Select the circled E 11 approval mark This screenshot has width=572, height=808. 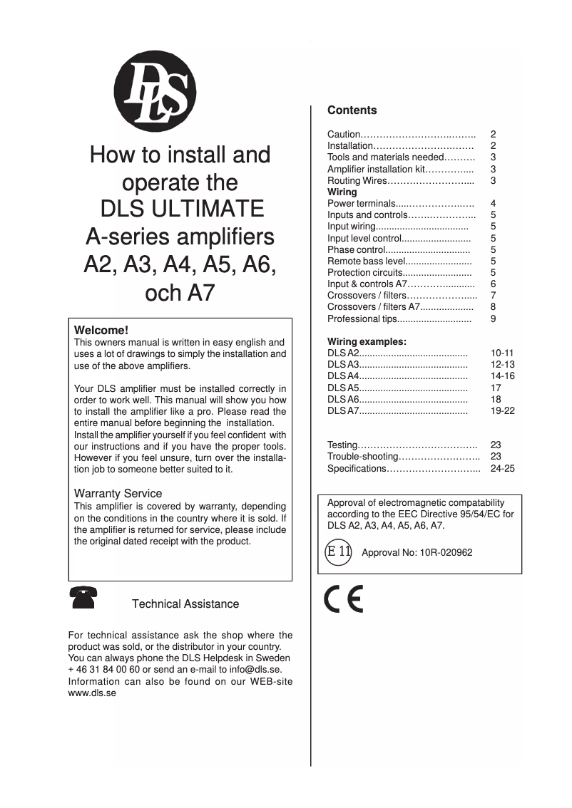click(x=338, y=551)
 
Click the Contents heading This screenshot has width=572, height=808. click(x=352, y=110)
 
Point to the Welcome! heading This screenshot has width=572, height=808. click(x=101, y=331)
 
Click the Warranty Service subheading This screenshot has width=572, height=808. click(x=118, y=493)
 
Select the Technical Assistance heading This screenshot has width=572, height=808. click(x=185, y=604)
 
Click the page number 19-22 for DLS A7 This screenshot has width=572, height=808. click(x=503, y=411)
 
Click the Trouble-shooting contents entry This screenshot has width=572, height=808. click(x=362, y=457)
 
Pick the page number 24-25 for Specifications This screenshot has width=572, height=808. click(x=503, y=468)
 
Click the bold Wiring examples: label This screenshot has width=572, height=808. click(x=367, y=341)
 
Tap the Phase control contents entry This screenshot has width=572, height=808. click(x=356, y=250)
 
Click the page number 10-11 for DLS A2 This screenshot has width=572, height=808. click(x=503, y=353)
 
